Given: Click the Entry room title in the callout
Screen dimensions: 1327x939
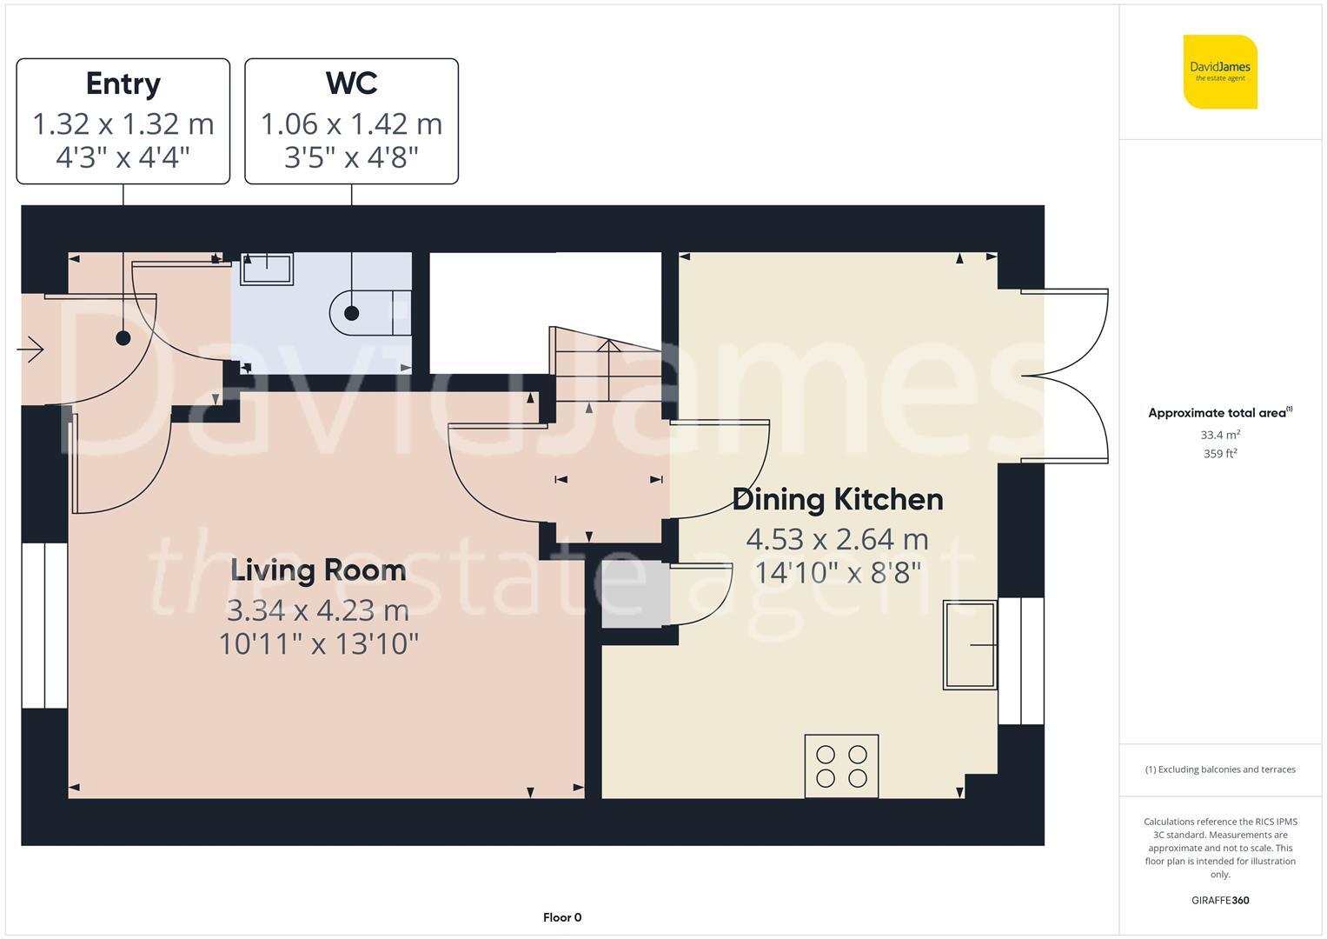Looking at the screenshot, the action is (x=123, y=83).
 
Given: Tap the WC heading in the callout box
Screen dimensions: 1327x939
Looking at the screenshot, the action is (x=351, y=83).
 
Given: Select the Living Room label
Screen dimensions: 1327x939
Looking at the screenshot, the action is (x=318, y=570).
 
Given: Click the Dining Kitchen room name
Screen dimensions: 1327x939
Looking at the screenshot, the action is (x=838, y=499).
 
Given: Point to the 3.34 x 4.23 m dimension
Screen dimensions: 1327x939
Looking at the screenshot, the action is (x=318, y=610).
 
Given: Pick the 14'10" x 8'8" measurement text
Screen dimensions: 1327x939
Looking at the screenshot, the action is (x=838, y=573).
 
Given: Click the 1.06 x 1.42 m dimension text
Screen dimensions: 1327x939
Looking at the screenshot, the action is (x=351, y=123).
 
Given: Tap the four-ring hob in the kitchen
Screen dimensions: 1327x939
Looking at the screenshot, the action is (x=841, y=766).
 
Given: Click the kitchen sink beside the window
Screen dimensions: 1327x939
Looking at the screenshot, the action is (x=970, y=645).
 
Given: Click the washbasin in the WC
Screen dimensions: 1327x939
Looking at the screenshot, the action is (x=267, y=269).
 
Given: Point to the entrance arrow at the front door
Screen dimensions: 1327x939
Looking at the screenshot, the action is (x=30, y=350).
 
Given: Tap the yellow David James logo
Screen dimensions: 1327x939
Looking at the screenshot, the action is (x=1220, y=71).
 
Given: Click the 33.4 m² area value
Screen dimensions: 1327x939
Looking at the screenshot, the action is (x=1220, y=435).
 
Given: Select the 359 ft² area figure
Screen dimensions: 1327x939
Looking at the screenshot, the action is (x=1220, y=454).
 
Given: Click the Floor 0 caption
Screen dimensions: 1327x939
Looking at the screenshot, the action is (x=562, y=917).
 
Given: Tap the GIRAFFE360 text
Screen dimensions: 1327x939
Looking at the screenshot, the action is (x=1220, y=900).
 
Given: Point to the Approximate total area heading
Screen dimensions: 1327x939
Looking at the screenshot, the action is (x=1220, y=413).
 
